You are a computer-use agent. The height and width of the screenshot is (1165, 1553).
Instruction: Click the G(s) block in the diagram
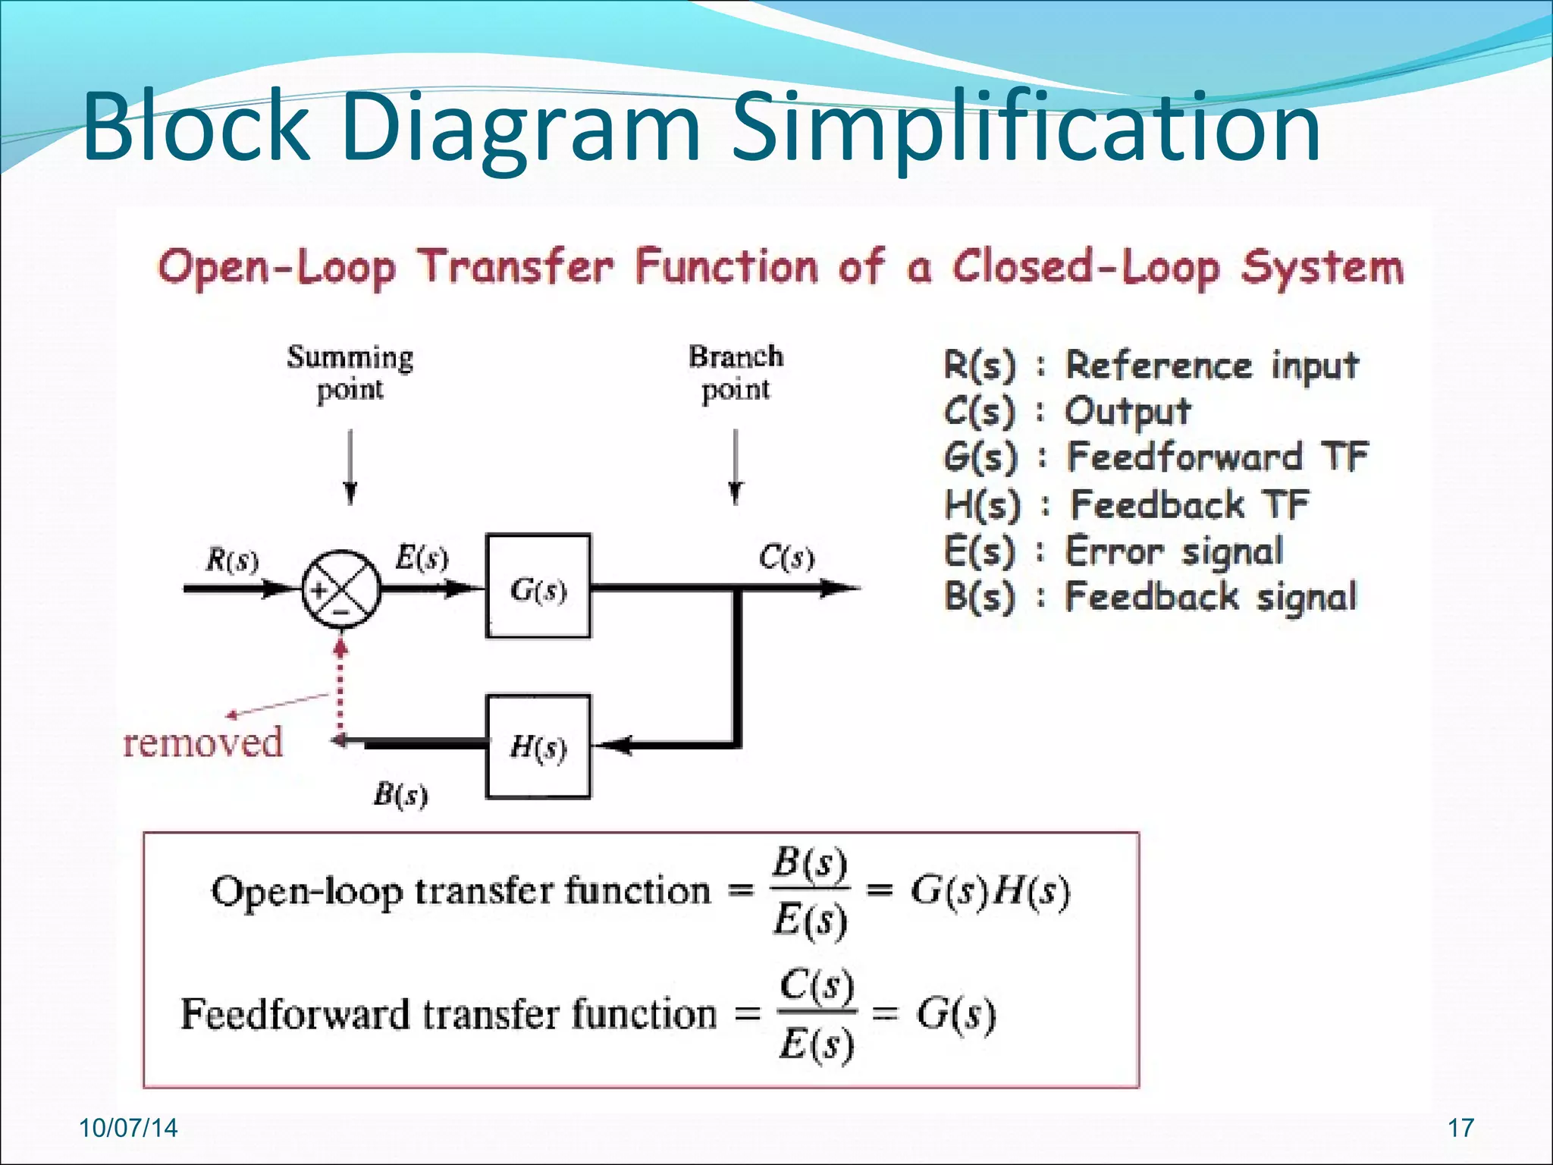538,587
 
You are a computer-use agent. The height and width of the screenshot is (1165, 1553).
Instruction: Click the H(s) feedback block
538,747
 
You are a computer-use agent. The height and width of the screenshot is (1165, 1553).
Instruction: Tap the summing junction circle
340,589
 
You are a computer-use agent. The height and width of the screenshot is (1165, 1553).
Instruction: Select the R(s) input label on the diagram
232,561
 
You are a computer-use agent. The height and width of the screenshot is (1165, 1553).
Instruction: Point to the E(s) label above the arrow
422,559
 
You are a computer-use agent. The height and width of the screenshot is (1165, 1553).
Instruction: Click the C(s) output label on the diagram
786,559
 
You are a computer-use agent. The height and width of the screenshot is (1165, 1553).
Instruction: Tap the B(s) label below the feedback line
400,795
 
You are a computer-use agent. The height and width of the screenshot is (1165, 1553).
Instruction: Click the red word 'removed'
203,742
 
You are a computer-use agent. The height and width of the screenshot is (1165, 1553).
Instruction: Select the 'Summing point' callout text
350,373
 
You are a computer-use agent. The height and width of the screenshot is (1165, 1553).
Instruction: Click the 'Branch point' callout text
736,373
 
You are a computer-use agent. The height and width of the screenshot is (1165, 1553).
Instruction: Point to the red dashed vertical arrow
340,690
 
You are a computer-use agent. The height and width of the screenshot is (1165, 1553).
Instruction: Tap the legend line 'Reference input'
1211,366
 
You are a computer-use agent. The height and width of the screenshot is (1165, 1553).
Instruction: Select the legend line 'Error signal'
1174,551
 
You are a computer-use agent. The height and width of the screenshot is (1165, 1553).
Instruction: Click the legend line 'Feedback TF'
1189,504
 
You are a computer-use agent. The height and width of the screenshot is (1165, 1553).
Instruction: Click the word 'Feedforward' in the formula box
296,1014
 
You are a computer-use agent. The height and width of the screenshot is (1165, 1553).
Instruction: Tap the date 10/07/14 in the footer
128,1128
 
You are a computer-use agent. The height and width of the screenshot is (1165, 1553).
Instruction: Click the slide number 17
1460,1128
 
